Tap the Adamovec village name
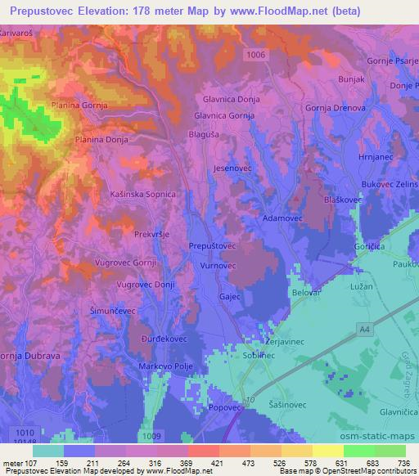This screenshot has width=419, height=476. (x=284, y=219)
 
